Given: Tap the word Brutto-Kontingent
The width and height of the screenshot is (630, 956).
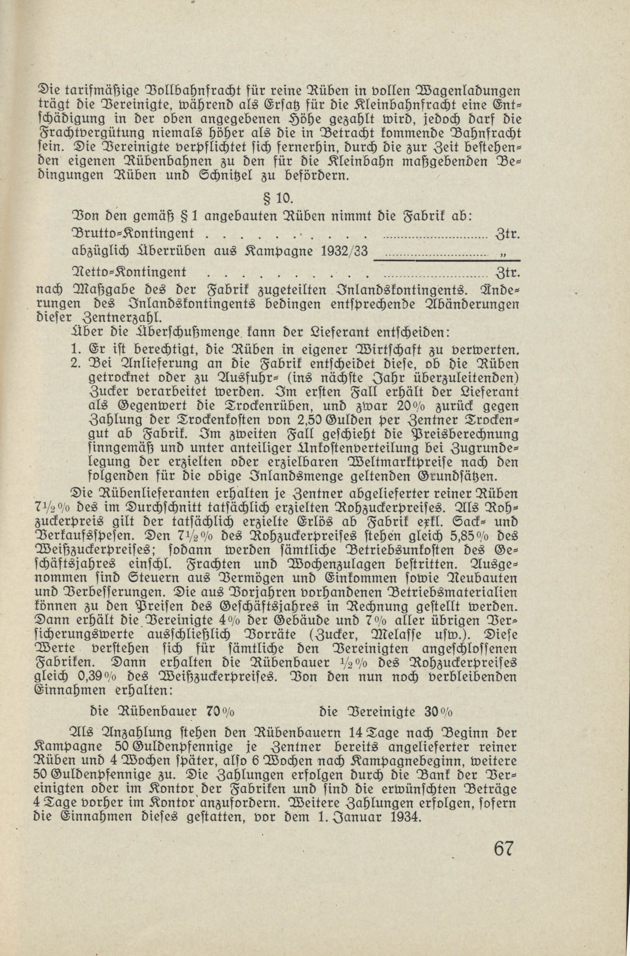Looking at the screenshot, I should coord(133,233).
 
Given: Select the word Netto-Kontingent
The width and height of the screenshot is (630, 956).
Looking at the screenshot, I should coord(129,272).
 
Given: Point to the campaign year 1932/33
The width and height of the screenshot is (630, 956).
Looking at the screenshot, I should coord(345,252).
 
